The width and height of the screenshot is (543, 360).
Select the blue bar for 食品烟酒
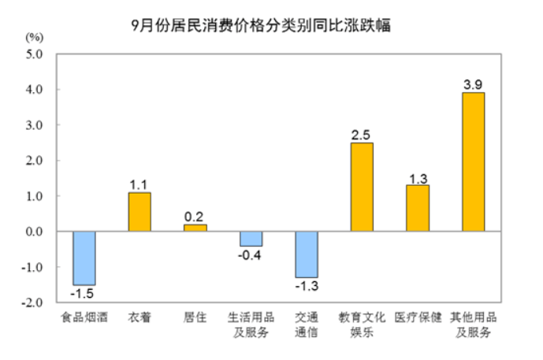pyautogui.click(x=84, y=258)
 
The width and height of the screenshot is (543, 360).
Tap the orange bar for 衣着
pyautogui.click(x=139, y=211)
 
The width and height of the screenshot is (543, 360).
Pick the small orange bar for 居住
pyautogui.click(x=195, y=228)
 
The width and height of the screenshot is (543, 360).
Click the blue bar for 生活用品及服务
pyautogui.click(x=251, y=239)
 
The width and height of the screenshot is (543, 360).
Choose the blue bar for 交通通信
pyautogui.click(x=307, y=254)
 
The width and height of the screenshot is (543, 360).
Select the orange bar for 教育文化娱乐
pyautogui.click(x=362, y=187)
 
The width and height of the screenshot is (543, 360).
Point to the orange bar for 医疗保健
pyautogui.click(x=418, y=208)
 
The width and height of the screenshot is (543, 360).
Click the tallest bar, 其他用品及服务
pyautogui.click(x=473, y=161)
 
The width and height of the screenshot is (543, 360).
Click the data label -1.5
pyautogui.click(x=84, y=294)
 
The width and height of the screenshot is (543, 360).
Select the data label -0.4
pyautogui.click(x=251, y=255)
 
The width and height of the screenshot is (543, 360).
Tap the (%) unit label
pyautogui.click(x=35, y=38)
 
